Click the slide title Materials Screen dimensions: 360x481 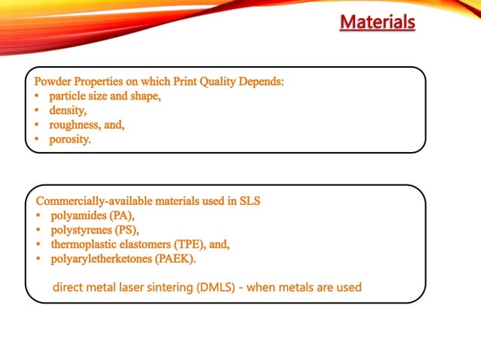pyautogui.click(x=377, y=22)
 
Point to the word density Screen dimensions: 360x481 pyautogui.click(x=69, y=111)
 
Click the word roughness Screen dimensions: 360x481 pyautogui.click(x=75, y=125)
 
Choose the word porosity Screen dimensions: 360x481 pyautogui.click(x=69, y=139)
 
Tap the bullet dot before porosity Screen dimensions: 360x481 pyautogui.click(x=38, y=139)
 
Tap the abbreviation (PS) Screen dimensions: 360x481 pyautogui.click(x=124, y=230)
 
